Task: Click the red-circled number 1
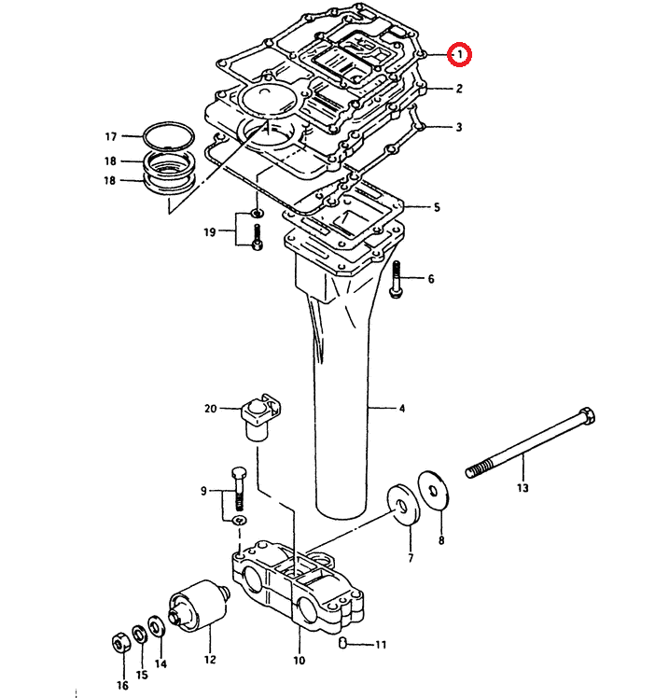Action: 460,55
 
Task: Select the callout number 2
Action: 459,90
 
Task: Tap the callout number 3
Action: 459,127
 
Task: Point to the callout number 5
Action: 436,206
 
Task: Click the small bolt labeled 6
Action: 397,279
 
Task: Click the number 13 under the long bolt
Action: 523,488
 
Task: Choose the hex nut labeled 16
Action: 119,644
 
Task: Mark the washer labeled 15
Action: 138,635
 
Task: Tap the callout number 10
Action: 299,660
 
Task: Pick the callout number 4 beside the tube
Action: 402,409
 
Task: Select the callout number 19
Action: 212,231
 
